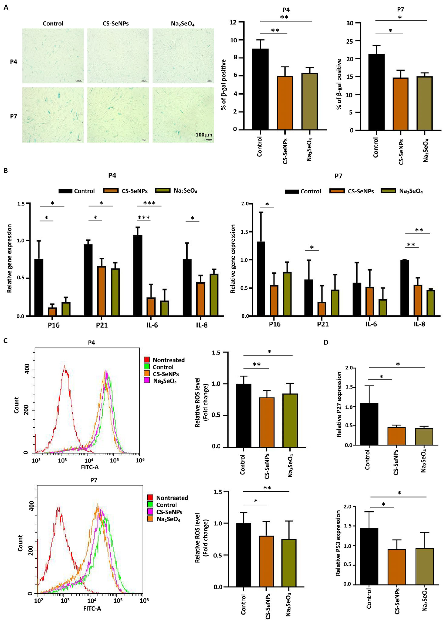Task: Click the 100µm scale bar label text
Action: (204, 135)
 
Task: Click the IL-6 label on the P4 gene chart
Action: (152, 325)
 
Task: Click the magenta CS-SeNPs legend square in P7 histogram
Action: (150, 512)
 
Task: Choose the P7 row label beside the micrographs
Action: (13, 116)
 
